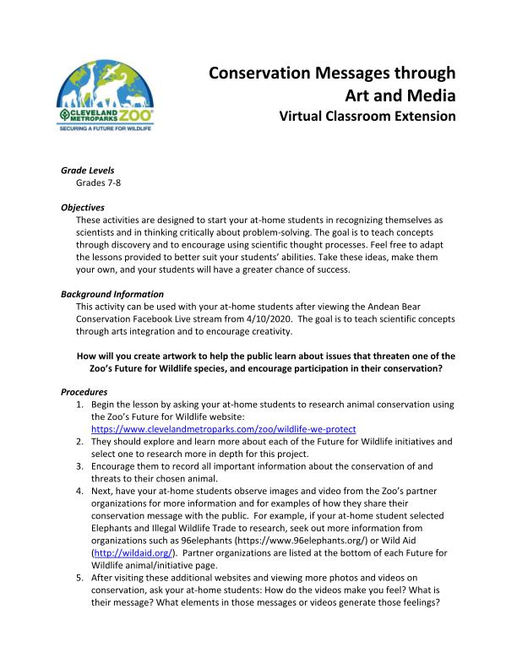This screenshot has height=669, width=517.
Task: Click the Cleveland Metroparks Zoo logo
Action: (x=106, y=98)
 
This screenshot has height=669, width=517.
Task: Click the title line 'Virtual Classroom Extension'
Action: (x=367, y=116)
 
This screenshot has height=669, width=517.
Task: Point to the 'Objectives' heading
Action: (x=83, y=207)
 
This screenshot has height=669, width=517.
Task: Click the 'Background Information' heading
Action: (x=112, y=294)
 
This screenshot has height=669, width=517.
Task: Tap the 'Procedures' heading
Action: (x=84, y=392)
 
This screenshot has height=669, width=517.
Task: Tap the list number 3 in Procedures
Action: (x=79, y=466)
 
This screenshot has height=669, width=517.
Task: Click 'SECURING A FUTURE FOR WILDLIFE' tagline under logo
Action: (x=105, y=129)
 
